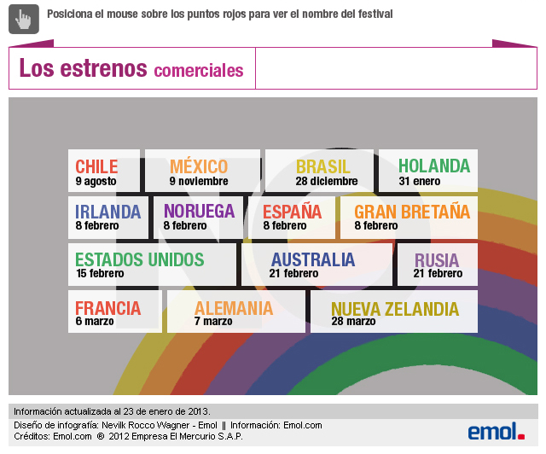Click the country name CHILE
96,166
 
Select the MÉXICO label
199,166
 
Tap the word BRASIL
323,166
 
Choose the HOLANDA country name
433,166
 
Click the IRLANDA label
107,212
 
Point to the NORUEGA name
199,211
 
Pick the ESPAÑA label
292,212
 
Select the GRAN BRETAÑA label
412,211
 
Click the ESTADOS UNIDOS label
140,259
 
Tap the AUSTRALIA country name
313,259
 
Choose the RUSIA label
437,260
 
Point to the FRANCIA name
107,308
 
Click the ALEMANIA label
234,308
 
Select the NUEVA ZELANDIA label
395,309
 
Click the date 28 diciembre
327,181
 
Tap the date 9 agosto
96,181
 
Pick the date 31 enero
420,181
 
